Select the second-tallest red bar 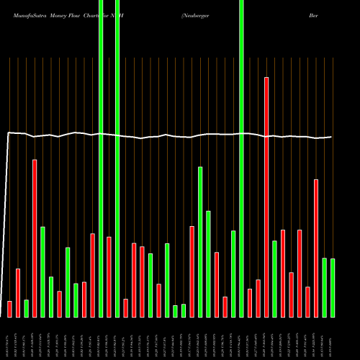tap(35, 238)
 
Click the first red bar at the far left tap(9, 309)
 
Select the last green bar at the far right tap(333, 287)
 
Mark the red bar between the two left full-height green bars tap(109, 276)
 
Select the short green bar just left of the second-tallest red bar tap(26, 308)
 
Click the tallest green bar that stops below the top tap(200, 241)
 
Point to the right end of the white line tap(331, 137)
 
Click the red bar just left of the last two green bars tap(316, 248)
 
